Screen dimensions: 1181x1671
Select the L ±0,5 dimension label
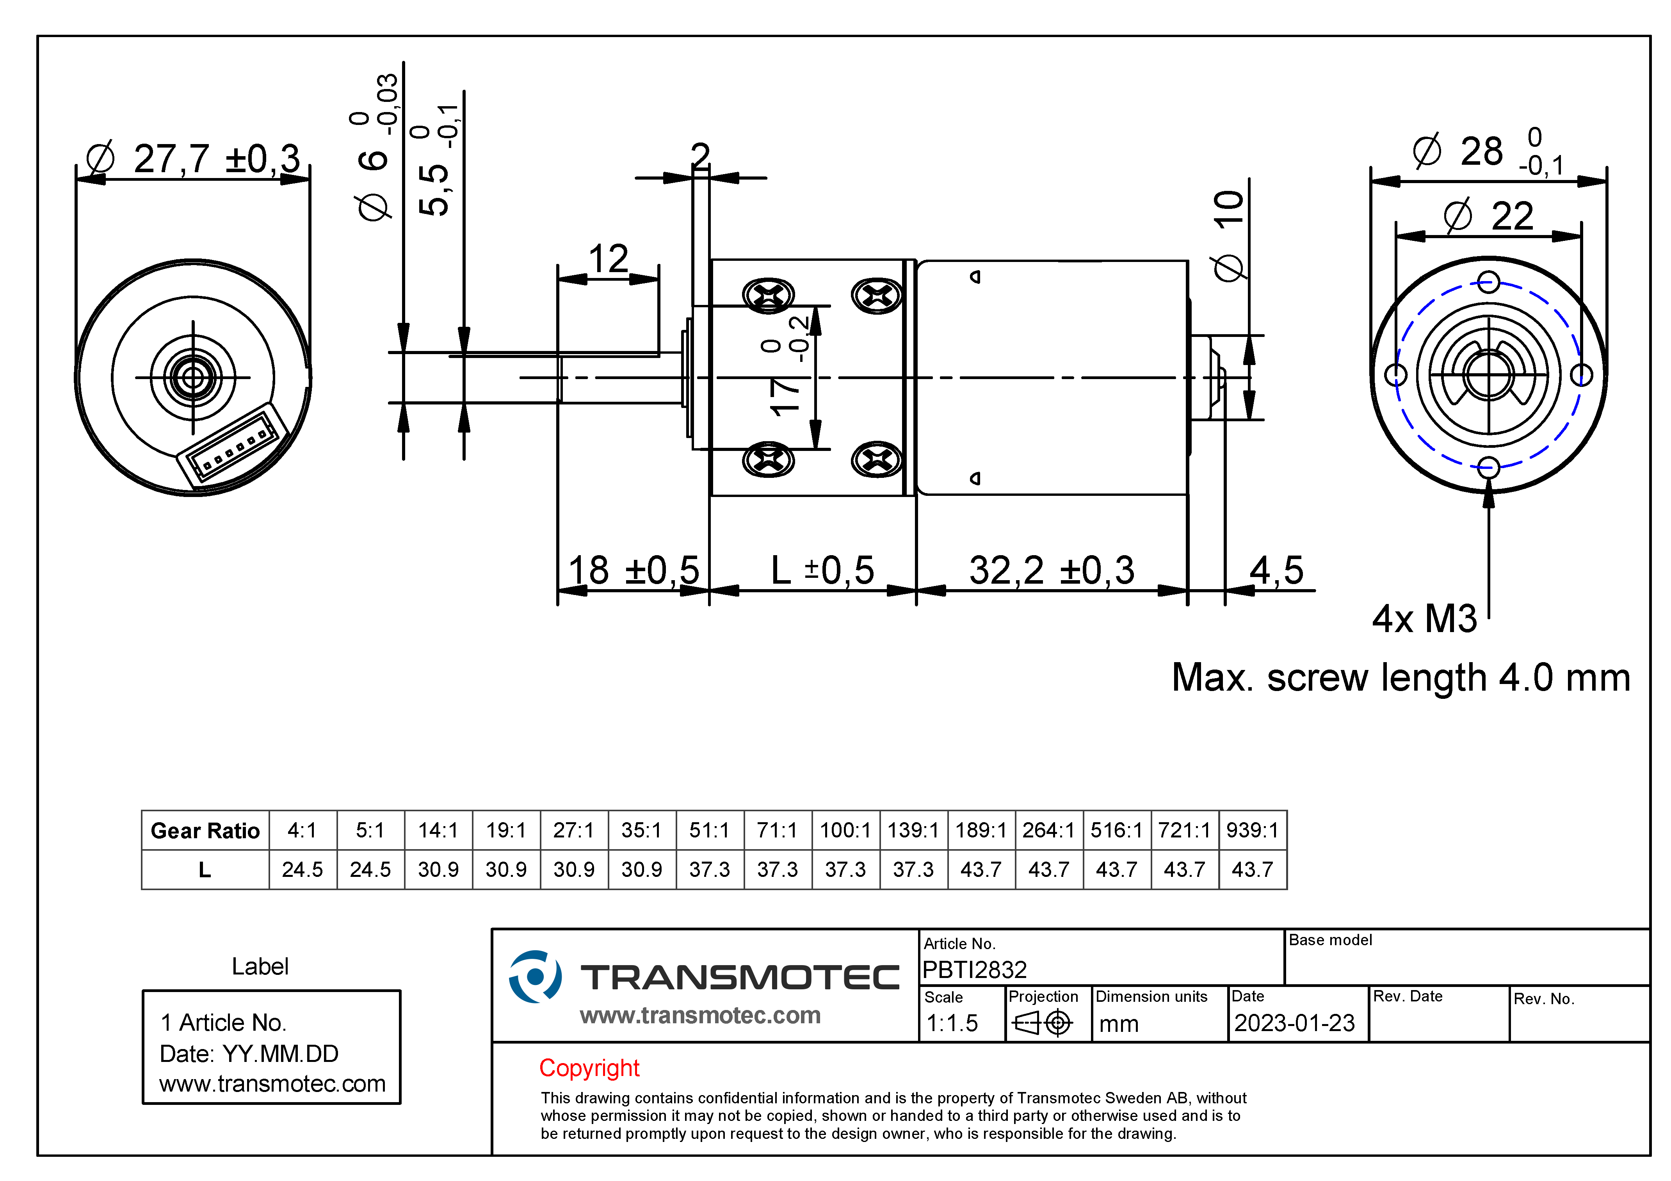(822, 570)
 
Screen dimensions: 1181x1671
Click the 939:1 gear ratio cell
(1252, 830)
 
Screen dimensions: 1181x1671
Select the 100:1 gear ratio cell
(845, 830)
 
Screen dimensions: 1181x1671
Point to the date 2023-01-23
(1294, 1023)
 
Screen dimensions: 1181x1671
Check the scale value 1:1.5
(952, 1023)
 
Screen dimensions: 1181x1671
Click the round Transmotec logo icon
(535, 976)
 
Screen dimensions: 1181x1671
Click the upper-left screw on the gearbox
(768, 296)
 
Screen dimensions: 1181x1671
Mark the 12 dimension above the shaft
(608, 259)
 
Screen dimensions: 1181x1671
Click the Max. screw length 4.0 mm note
(1400, 678)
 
